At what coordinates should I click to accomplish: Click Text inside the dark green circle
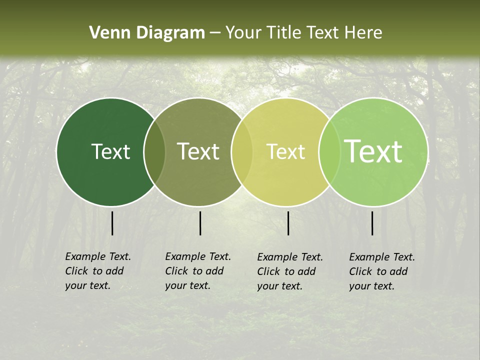click(x=110, y=151)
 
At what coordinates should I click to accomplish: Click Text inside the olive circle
click(x=198, y=151)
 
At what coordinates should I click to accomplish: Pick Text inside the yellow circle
click(x=285, y=151)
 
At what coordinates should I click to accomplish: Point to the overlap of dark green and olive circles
click(x=154, y=151)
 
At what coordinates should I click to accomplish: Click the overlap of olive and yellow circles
click(x=242, y=151)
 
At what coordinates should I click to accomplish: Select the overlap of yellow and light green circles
click(x=329, y=151)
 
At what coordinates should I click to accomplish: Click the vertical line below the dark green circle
click(x=112, y=223)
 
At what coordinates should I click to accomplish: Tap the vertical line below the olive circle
click(x=200, y=223)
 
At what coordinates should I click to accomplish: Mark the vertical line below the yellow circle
click(x=288, y=223)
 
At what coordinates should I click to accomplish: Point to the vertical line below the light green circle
click(x=372, y=223)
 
